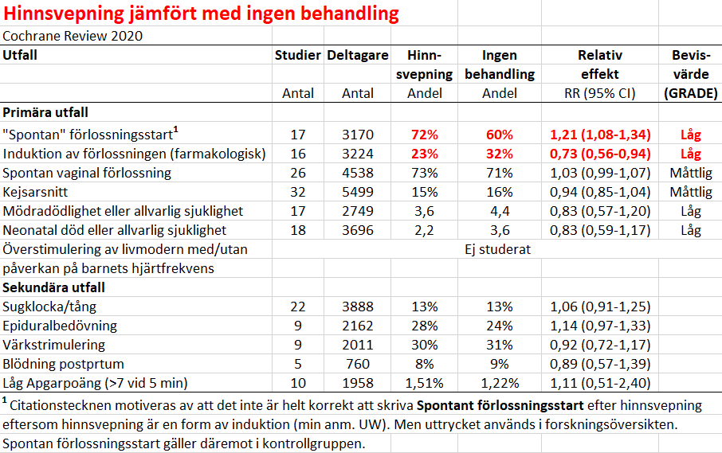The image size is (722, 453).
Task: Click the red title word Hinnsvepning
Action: pos(64,14)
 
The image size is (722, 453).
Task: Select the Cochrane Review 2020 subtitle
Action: pos(73,36)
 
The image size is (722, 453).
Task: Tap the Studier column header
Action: pos(297,55)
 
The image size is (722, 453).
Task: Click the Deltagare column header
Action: pos(358,56)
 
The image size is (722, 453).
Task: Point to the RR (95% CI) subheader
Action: pos(600,93)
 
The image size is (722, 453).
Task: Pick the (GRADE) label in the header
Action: pos(691,93)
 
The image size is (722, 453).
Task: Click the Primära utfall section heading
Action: pos(45,112)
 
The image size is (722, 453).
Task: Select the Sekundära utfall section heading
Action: pos(53,287)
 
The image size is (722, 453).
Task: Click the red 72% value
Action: pos(425,135)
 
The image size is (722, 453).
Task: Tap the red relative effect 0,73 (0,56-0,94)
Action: pos(600,154)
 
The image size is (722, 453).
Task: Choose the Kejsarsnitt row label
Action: pos(35,192)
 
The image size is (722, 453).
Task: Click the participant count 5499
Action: pos(358,192)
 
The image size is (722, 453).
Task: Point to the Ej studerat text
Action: pos(498,249)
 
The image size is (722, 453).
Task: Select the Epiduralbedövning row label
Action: pos(60,326)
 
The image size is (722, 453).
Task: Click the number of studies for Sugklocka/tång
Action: pos(298,307)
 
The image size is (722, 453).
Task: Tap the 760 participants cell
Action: pos(358,364)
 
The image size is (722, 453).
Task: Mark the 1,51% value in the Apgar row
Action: pos(425,383)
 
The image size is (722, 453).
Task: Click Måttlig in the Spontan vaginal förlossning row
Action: pos(691,173)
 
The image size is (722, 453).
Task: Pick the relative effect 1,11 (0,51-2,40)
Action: pos(600,383)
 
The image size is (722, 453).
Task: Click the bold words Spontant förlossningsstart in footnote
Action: pos(500,406)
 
